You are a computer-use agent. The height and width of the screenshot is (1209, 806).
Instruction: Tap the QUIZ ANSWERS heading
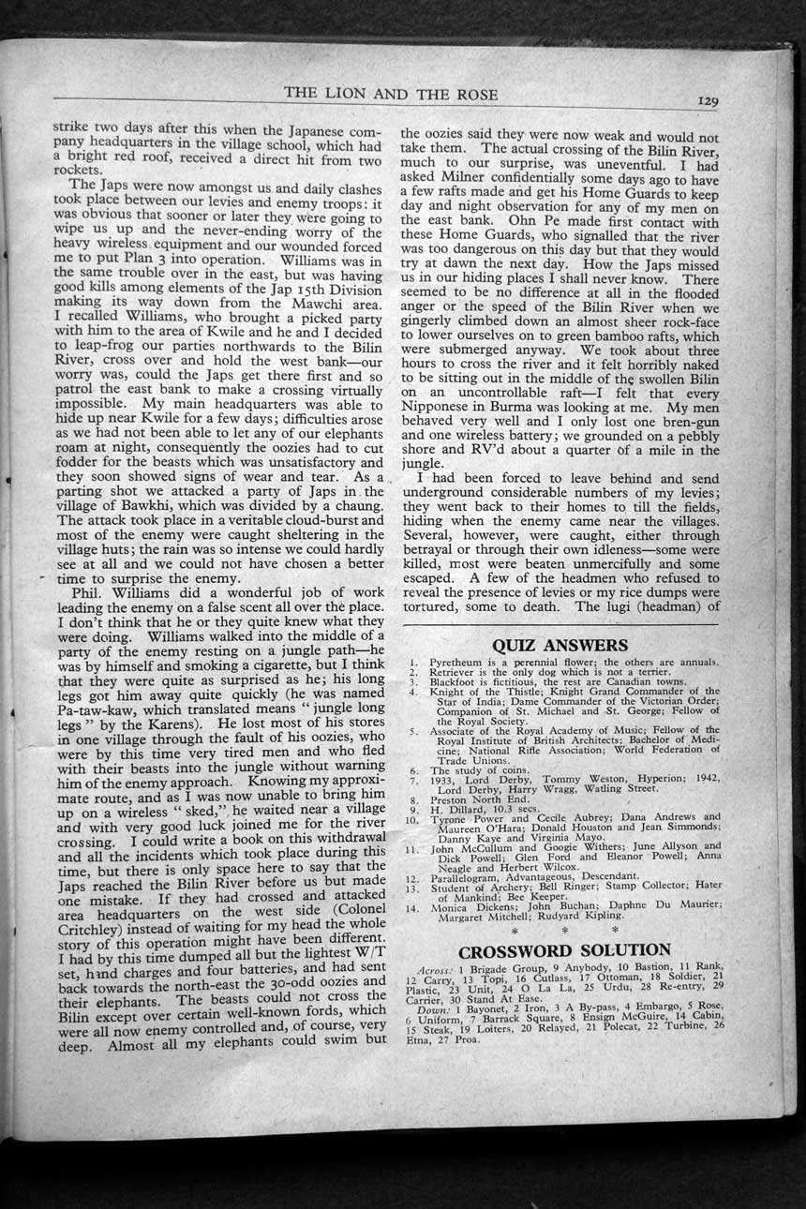[x=560, y=645]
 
